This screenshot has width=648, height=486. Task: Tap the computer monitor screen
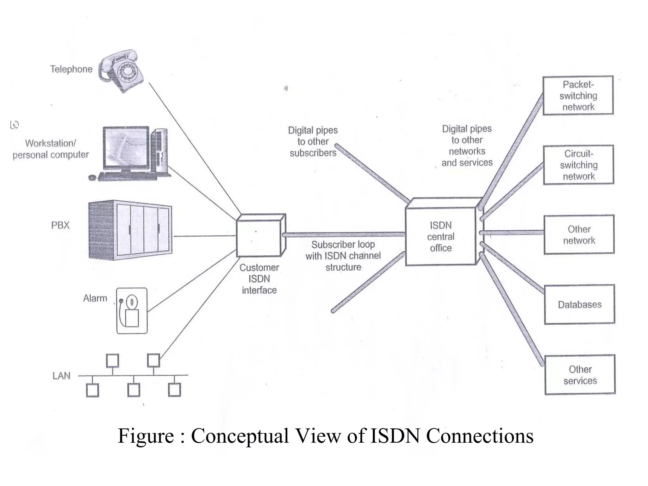tap(126, 147)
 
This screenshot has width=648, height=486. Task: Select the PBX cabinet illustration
tap(130, 230)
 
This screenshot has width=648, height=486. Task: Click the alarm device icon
tap(132, 311)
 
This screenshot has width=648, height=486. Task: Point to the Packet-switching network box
tap(578, 96)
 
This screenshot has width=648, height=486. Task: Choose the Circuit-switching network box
tap(579, 165)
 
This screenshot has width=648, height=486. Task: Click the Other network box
tap(579, 235)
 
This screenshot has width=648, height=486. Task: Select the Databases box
tap(580, 304)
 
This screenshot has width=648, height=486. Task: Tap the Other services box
tap(580, 375)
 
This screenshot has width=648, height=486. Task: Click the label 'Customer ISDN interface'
tap(259, 279)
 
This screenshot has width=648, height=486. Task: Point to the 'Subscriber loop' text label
tap(343, 245)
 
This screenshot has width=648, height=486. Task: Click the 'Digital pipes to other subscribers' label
tap(313, 141)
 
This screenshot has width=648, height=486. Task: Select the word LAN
tap(61, 376)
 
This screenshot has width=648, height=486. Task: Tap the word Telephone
tap(72, 69)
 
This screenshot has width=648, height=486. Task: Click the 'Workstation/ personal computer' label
tap(51, 149)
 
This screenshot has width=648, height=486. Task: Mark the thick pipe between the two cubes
tap(343, 234)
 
